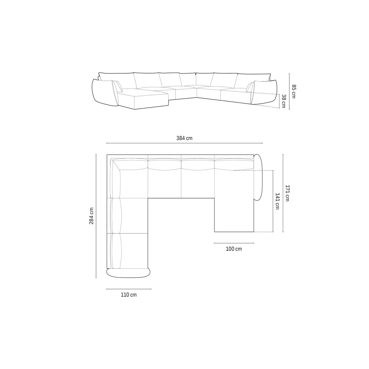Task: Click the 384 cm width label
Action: click(x=184, y=138)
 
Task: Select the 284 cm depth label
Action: click(x=91, y=216)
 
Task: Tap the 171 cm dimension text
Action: click(x=287, y=193)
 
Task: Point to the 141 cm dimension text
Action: click(x=277, y=201)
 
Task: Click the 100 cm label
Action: click(x=234, y=249)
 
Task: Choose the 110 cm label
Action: click(x=129, y=295)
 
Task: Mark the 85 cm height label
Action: click(x=293, y=91)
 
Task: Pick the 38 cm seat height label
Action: click(x=284, y=101)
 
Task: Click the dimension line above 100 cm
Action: click(x=234, y=243)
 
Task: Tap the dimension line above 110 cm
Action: click(x=129, y=289)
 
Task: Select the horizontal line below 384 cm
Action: click(x=184, y=143)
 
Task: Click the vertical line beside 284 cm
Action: click(x=96, y=216)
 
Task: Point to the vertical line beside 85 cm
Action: click(x=289, y=91)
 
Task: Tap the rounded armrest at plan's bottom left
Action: click(x=128, y=273)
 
